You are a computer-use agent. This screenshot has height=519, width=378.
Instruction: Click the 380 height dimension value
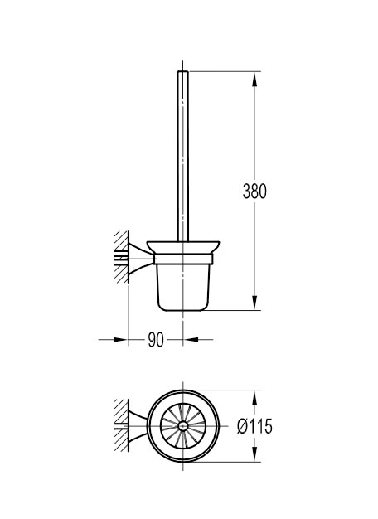click(254, 192)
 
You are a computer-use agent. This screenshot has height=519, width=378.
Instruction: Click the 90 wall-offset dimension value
click(156, 340)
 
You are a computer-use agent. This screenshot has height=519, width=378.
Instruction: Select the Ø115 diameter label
click(254, 426)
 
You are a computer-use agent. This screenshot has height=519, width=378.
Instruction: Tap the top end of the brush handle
click(183, 71)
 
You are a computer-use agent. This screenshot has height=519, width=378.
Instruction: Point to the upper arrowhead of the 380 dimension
click(254, 80)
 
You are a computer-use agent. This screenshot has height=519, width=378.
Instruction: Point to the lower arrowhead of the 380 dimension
click(254, 303)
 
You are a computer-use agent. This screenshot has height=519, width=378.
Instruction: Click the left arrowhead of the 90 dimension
click(120, 340)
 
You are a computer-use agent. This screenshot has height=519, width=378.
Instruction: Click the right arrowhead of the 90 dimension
click(191, 340)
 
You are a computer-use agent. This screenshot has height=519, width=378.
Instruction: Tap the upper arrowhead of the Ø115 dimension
click(254, 398)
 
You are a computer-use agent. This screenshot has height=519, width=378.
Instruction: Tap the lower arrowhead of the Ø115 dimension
click(254, 454)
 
